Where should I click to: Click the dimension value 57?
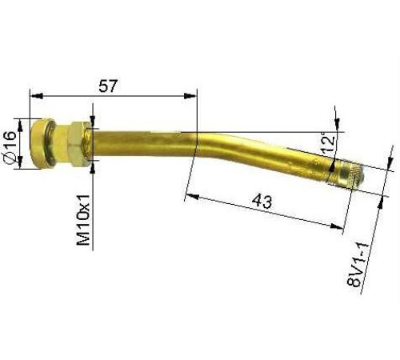point(109,85)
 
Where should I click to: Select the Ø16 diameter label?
point(11,148)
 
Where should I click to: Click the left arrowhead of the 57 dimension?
point(34,96)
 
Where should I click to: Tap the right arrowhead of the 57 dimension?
point(191,96)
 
